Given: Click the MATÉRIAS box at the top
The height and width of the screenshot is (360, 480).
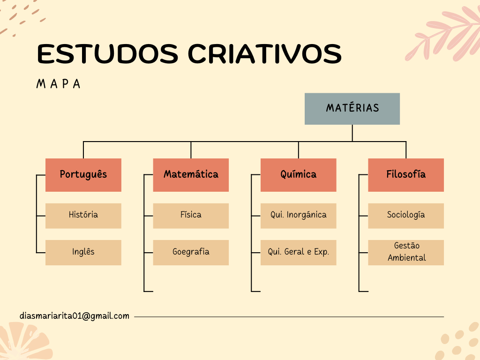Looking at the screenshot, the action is point(352,109).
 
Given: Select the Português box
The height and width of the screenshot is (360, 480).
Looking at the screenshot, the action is point(83,175).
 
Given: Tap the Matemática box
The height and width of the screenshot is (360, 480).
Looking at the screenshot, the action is point(191,175).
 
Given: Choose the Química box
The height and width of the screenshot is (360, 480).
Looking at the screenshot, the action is point(299,175).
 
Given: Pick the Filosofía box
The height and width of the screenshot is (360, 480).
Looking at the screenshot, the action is point(406,175).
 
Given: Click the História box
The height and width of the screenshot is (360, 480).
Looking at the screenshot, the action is point(83,216).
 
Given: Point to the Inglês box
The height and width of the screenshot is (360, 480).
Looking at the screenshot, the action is point(83,253).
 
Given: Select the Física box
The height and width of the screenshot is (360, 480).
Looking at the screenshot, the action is point(191,216).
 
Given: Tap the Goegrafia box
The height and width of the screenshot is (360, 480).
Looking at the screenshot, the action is point(191,253).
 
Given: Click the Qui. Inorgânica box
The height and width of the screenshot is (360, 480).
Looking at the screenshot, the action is point(299,216).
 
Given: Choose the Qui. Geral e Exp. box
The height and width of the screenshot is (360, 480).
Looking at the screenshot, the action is point(299,253).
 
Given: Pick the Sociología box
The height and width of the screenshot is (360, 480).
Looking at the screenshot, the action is point(406,216).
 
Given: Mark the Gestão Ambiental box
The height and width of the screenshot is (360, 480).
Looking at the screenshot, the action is point(406,253).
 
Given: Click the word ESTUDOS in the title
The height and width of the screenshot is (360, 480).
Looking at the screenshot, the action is point(107,54).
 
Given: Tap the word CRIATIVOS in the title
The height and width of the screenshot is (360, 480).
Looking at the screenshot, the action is point(264,54).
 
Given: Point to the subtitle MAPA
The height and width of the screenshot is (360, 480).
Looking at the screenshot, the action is point(59,84).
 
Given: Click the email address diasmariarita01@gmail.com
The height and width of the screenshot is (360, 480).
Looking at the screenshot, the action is point(75,316).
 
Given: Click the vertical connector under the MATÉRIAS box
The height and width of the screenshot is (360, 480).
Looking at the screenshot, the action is point(352,133).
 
